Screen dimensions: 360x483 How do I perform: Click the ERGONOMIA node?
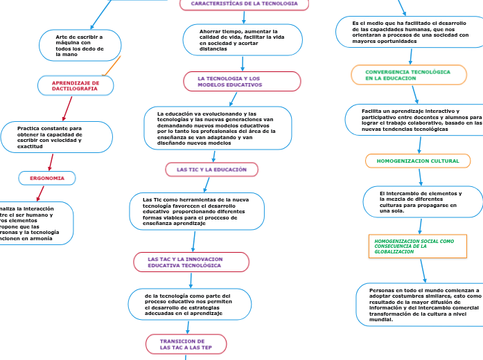[x=47, y=178]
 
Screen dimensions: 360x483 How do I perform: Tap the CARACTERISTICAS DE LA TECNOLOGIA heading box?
[x=244, y=4]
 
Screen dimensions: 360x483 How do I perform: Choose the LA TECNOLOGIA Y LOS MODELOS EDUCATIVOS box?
[x=243, y=82]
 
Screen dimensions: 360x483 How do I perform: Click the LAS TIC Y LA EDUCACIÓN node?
[x=211, y=169]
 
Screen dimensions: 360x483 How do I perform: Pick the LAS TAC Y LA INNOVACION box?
[x=191, y=262]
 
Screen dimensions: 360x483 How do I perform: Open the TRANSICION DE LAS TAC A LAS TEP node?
[x=186, y=344]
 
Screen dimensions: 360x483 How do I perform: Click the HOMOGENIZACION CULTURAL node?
[x=418, y=161]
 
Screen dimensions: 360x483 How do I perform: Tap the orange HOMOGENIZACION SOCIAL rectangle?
[x=417, y=246]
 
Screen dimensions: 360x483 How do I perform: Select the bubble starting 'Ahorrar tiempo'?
[x=243, y=40]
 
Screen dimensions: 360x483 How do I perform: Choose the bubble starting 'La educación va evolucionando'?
[x=218, y=128]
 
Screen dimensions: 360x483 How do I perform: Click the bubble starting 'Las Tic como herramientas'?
[x=197, y=210]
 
